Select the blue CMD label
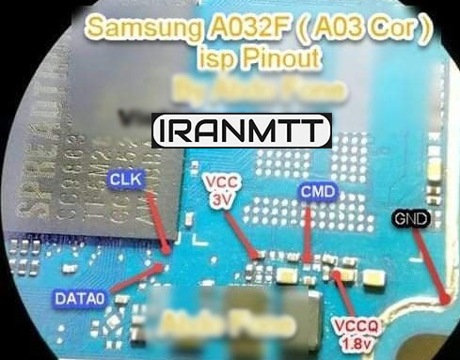tap(314, 192)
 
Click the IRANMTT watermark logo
tap(242, 130)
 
